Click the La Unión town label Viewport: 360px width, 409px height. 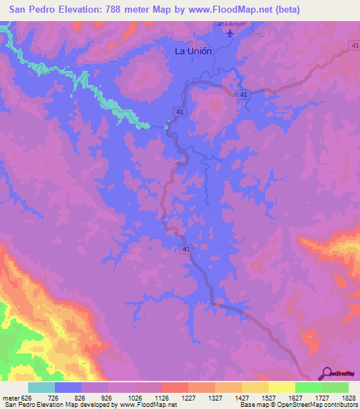(x=193, y=51)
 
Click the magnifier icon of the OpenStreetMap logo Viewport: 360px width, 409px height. (x=327, y=373)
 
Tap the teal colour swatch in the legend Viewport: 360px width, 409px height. (x=41, y=387)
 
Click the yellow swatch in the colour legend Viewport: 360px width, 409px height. (x=282, y=387)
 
